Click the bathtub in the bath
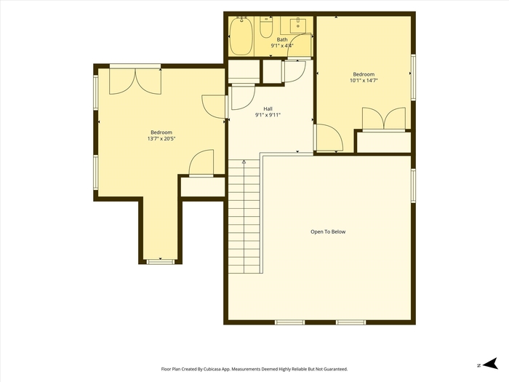pyautogui.click(x=241, y=36)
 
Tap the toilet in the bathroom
pyautogui.click(x=266, y=28)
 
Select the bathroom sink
pyautogui.click(x=297, y=25)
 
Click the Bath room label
pyautogui.click(x=282, y=39)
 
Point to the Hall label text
pyautogui.click(x=268, y=109)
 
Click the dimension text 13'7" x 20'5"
pyautogui.click(x=161, y=139)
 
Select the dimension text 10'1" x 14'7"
pyautogui.click(x=364, y=80)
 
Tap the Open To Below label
pyautogui.click(x=328, y=231)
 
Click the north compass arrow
pyautogui.click(x=490, y=364)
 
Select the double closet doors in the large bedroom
pyautogui.click(x=135, y=81)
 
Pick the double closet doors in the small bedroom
pyautogui.click(x=384, y=119)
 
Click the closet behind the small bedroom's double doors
pyautogui.click(x=384, y=142)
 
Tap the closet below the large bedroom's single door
pyautogui.click(x=203, y=187)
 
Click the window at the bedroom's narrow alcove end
pyautogui.click(x=161, y=261)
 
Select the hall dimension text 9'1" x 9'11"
pyautogui.click(x=268, y=115)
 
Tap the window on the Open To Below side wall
pyautogui.click(x=413, y=186)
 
